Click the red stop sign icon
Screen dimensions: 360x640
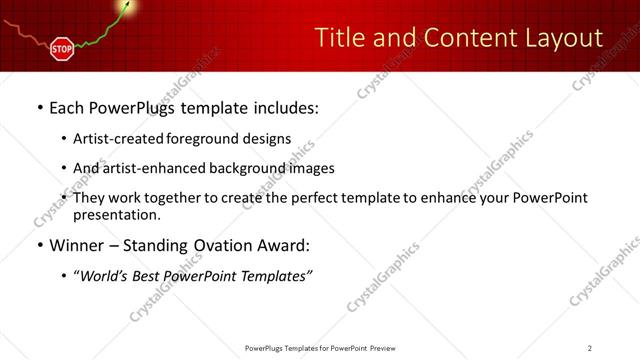(x=62, y=48)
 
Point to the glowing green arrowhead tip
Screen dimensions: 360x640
(x=128, y=6)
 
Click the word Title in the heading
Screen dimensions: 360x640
(x=339, y=38)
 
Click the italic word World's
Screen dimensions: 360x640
(x=107, y=276)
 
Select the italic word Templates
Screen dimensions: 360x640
(x=272, y=276)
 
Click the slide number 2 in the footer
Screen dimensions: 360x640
(x=590, y=347)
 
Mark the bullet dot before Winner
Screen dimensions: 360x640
(x=39, y=246)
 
